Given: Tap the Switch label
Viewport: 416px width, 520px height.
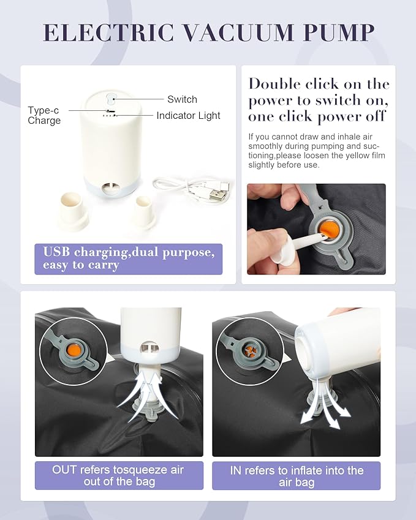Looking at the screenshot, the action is pyautogui.click(x=182, y=99).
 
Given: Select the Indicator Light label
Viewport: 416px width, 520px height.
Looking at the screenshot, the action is pyautogui.click(x=188, y=115).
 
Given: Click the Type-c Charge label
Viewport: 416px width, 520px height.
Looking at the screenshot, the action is pyautogui.click(x=44, y=115).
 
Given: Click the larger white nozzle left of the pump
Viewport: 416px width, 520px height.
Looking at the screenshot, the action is pyautogui.click(x=74, y=209).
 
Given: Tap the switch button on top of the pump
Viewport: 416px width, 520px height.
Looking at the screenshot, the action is pyautogui.click(x=111, y=98).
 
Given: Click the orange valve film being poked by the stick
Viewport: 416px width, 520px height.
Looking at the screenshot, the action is pyautogui.click(x=329, y=230).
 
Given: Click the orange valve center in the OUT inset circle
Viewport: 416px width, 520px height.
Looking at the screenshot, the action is pyautogui.click(x=74, y=350).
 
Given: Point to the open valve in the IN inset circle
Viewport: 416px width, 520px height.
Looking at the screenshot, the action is pyautogui.click(x=251, y=352).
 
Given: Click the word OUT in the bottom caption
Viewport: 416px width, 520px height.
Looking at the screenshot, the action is pyautogui.click(x=64, y=470).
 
